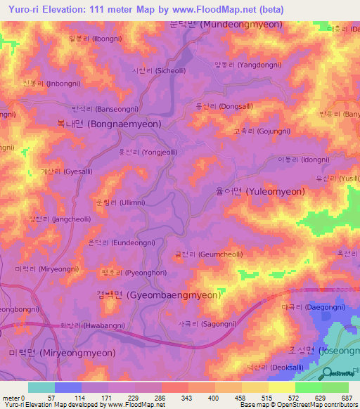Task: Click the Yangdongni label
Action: click(x=247, y=64)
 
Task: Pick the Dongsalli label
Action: click(x=225, y=108)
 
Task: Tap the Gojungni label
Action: click(x=257, y=131)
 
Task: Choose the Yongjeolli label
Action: click(x=148, y=151)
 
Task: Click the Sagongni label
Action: click(x=201, y=324)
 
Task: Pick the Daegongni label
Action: click(x=314, y=307)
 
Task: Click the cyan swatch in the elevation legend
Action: click(x=41, y=387)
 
